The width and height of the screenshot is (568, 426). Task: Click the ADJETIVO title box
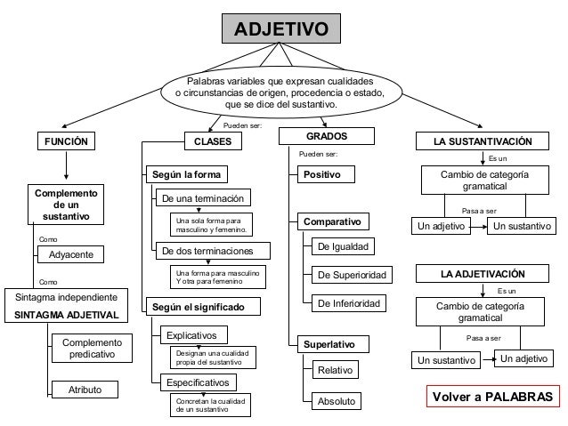tap(280, 30)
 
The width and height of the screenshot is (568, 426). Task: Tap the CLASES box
tap(212, 141)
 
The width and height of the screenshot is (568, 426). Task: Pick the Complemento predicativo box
tap(91, 348)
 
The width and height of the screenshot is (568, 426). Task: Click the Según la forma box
tap(185, 173)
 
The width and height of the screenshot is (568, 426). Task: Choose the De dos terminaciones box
tap(205, 251)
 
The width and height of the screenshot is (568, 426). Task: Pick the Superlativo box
tap(328, 343)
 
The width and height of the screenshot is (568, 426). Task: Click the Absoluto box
tap(335, 402)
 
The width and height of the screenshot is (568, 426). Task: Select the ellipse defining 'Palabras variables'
tap(280, 92)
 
